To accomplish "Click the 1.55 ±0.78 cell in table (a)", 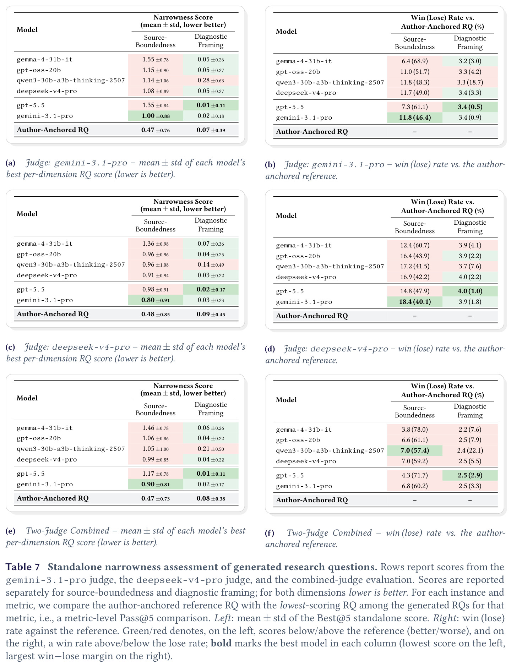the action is (x=156, y=60).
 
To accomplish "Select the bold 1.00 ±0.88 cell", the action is (x=156, y=116).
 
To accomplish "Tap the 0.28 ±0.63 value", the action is (x=211, y=81).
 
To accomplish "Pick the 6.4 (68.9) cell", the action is (x=415, y=61).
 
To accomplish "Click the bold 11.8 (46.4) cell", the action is (x=415, y=118).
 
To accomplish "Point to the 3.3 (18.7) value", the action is (x=470, y=82).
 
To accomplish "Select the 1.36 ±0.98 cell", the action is (x=156, y=244).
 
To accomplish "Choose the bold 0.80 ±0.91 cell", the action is (x=156, y=300).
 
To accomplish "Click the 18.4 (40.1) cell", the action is (x=415, y=302).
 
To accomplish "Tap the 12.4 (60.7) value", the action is (x=415, y=246).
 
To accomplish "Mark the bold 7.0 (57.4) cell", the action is (x=415, y=451).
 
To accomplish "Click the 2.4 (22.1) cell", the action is (x=470, y=451).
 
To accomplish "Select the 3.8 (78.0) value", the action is (x=415, y=430).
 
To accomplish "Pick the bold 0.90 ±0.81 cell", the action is (x=156, y=485).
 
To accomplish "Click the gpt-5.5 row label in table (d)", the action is (x=290, y=291).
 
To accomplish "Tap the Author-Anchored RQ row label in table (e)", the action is (x=53, y=498).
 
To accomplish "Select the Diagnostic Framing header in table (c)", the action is (x=211, y=225).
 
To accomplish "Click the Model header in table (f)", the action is (x=286, y=400).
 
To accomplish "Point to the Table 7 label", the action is (x=23, y=567).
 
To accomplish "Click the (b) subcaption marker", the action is (x=270, y=165).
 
